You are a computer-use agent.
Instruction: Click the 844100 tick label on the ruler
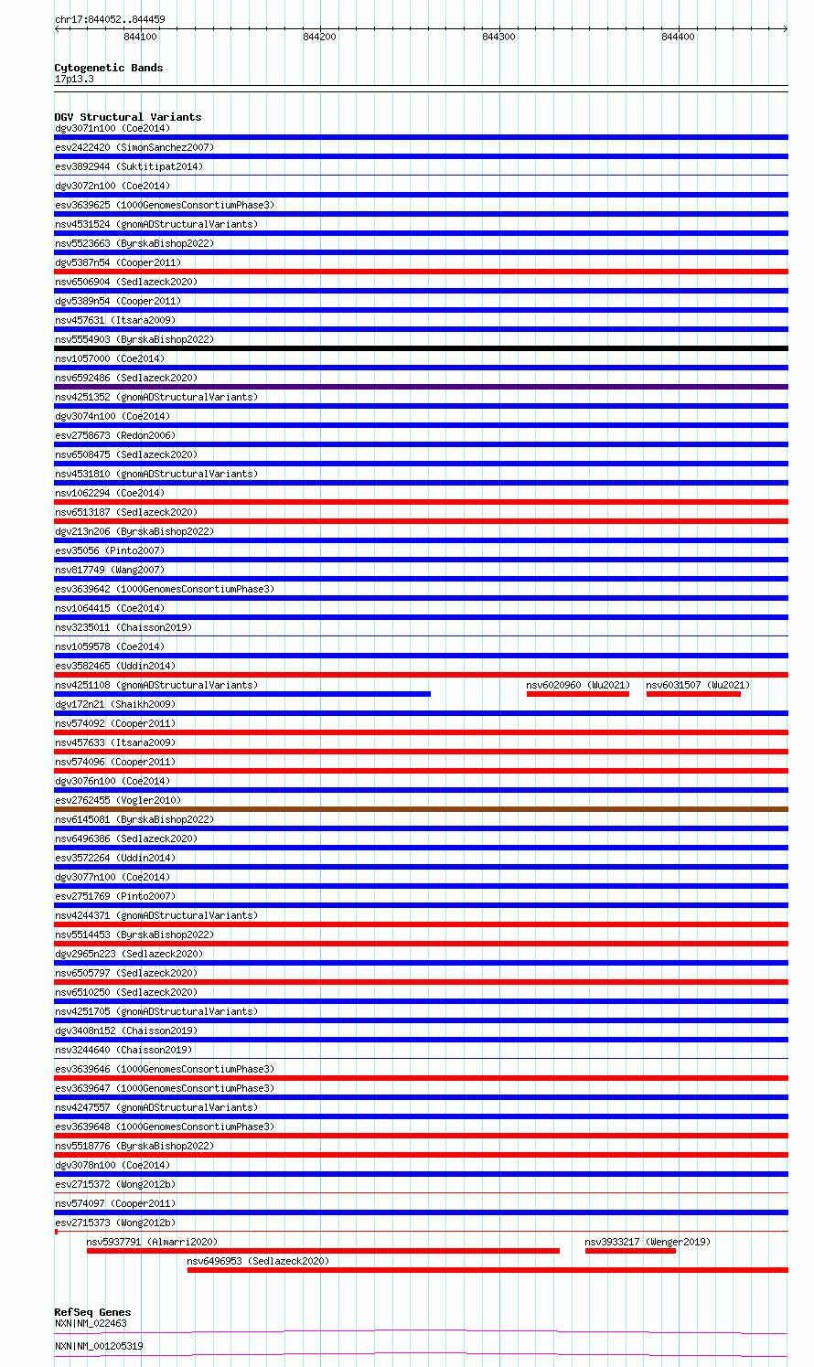coord(139,37)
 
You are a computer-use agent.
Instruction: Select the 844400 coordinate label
coord(677,37)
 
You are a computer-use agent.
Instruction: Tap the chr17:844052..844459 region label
coord(110,19)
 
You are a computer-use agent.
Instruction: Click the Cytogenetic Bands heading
coord(108,68)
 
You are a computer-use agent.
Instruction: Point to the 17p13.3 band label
coord(74,79)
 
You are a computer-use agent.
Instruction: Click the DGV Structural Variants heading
coord(127,117)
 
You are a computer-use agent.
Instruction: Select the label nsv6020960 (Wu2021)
coord(578,685)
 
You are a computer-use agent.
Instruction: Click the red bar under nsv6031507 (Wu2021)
coord(693,694)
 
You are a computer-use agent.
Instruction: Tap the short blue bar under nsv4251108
coord(242,694)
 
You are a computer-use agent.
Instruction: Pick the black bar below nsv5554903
coord(421,348)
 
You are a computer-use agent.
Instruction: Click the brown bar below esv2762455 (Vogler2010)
coord(421,809)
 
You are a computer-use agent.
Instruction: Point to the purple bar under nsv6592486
coord(421,387)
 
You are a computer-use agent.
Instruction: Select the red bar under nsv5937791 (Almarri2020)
coord(323,1251)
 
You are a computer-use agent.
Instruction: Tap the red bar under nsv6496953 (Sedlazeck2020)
coord(487,1270)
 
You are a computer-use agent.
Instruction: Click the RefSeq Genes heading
coord(92,1312)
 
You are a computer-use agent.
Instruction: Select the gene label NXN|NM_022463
coord(91,1323)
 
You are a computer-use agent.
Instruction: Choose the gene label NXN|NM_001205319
coord(99,1346)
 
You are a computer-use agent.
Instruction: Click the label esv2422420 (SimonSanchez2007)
coord(134,147)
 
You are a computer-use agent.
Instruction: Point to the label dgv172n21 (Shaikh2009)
coord(115,704)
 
